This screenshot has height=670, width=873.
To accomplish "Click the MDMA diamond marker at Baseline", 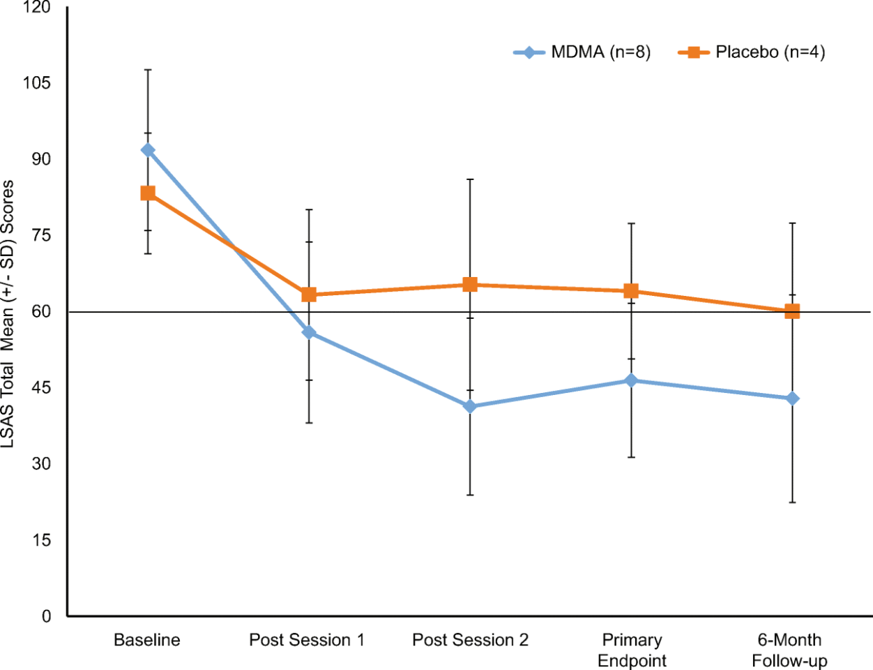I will coord(148,150).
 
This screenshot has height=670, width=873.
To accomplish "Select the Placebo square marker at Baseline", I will coord(148,193).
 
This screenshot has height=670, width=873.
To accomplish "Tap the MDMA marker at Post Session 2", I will coord(470,406).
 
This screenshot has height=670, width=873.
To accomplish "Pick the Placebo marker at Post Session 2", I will coord(470,285).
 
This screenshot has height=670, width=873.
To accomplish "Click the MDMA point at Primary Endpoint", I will coord(631,380).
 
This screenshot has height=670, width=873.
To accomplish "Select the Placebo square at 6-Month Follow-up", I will coord(792,311).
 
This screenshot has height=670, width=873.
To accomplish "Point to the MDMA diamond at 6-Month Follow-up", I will coord(792,399).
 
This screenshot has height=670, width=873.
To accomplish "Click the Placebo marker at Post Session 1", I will coord(309,295).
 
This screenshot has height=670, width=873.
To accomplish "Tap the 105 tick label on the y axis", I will coord(36,83).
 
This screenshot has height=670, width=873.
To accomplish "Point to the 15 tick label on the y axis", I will coord(42,539).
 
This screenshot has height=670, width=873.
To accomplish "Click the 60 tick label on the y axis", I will coord(42,311).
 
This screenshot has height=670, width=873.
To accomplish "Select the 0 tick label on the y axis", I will coord(46,616).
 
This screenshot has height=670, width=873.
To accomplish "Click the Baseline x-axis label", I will coord(147,640).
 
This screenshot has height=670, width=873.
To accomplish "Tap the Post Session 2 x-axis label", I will coord(470,640).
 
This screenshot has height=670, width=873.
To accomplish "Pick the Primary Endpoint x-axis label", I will coord(632,650).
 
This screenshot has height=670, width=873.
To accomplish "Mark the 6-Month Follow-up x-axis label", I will coord(789,650).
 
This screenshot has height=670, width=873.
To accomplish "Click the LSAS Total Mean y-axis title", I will coord(8,314).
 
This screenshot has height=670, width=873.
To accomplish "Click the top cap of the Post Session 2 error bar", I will coord(470,179).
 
